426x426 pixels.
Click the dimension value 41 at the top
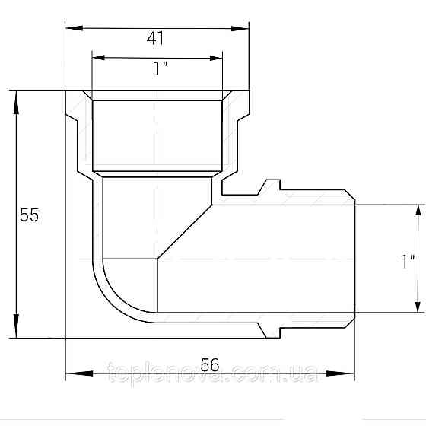(x=155, y=38)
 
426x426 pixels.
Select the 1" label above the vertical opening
(x=161, y=68)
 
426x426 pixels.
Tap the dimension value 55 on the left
(x=29, y=215)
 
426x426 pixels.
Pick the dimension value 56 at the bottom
(x=209, y=365)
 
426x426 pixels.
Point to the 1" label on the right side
(x=408, y=262)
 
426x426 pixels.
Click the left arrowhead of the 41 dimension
(x=75, y=27)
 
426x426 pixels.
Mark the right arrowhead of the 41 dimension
(x=240, y=28)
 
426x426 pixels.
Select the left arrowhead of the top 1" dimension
(x=98, y=57)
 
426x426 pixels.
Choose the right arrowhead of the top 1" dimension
(x=216, y=58)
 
